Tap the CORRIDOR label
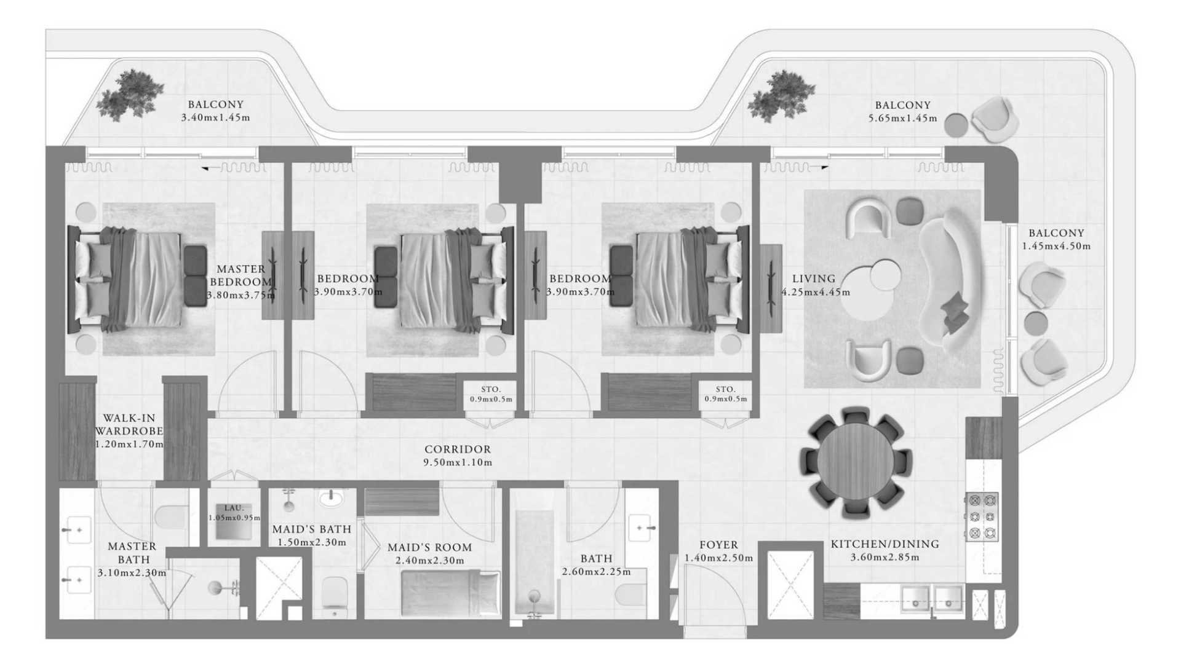tap(458, 449)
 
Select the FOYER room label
tap(718, 545)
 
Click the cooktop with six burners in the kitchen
tap(982, 516)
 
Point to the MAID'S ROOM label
tap(429, 547)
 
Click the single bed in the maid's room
tap(450, 593)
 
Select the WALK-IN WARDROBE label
tap(129, 425)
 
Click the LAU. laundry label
tap(234, 508)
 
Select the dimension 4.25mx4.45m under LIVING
tap(816, 293)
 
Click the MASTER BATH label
tap(132, 553)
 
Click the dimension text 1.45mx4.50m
tap(1056, 246)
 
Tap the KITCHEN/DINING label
tap(885, 544)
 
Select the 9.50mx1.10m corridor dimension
tap(458, 462)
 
